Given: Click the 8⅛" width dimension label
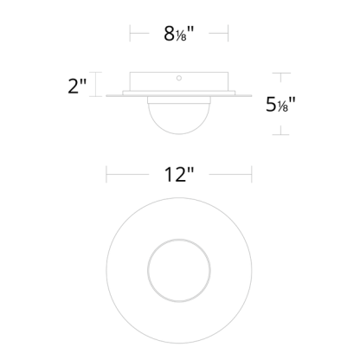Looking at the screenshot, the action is coord(179,34).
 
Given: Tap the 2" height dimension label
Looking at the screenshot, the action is coord(77,86).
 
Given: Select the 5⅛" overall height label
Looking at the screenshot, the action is coord(280,104).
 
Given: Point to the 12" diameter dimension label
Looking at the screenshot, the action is coord(179,174).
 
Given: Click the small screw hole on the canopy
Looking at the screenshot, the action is coord(179,78).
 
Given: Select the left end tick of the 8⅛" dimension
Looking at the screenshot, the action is coord(130,33).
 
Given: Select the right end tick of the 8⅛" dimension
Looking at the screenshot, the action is coord(228,33).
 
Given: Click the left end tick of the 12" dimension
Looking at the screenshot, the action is coord(106,174).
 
